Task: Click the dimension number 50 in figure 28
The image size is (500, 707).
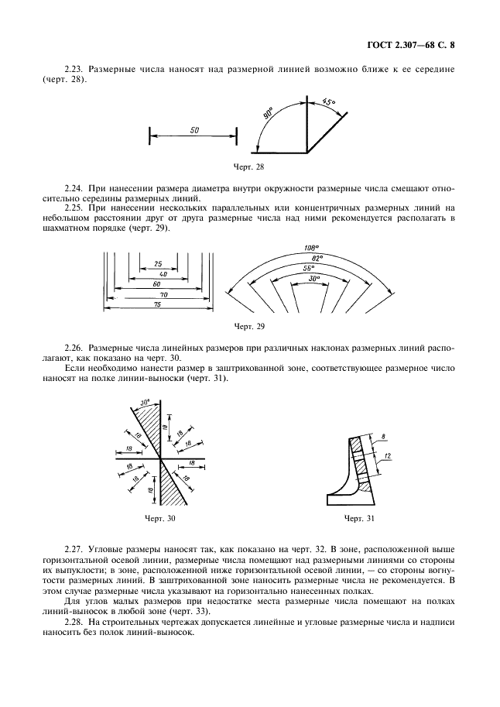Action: (193, 129)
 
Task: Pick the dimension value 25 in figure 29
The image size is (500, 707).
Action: (157, 263)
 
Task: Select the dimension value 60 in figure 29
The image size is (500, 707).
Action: (157, 283)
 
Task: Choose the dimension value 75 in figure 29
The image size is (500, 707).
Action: (157, 305)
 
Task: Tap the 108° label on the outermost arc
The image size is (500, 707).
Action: (301, 249)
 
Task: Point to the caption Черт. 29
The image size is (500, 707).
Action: (248, 326)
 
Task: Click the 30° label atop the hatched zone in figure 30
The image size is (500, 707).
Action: (145, 403)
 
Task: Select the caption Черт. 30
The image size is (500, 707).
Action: (159, 517)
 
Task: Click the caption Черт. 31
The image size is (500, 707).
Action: (358, 517)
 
